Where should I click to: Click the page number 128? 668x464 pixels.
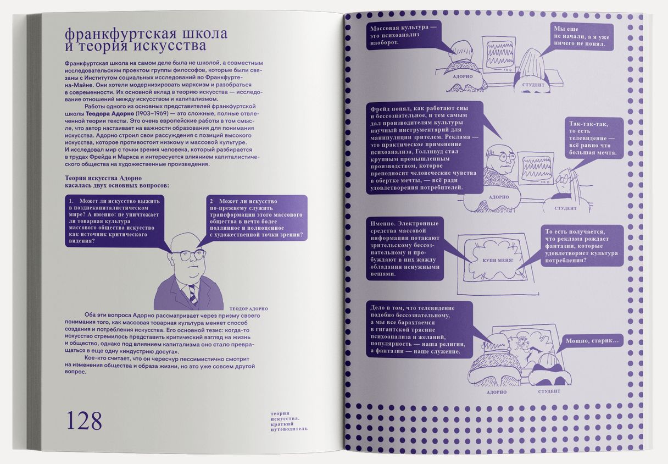pyautogui.click(x=84, y=421)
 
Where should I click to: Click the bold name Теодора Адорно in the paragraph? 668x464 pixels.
pyautogui.click(x=110, y=114)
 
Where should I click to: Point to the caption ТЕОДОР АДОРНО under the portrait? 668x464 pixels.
pyautogui.click(x=249, y=309)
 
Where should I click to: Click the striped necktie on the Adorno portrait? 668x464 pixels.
pyautogui.click(x=192, y=294)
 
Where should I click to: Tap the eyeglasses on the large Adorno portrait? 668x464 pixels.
pyautogui.click(x=188, y=255)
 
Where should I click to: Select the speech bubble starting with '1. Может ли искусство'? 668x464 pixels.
pyautogui.click(x=114, y=221)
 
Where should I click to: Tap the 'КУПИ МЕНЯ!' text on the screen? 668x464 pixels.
pyautogui.click(x=498, y=260)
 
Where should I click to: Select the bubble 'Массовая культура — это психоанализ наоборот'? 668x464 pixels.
pyautogui.click(x=403, y=35)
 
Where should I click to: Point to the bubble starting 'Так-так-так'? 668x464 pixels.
pyautogui.click(x=590, y=138)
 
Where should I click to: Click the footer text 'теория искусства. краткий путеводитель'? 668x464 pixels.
pyautogui.click(x=288, y=421)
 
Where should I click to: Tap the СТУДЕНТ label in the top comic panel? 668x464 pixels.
pyautogui.click(x=533, y=85)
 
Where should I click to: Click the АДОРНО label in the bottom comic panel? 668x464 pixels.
pyautogui.click(x=497, y=392)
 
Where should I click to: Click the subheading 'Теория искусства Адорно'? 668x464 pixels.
pyautogui.click(x=103, y=178)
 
